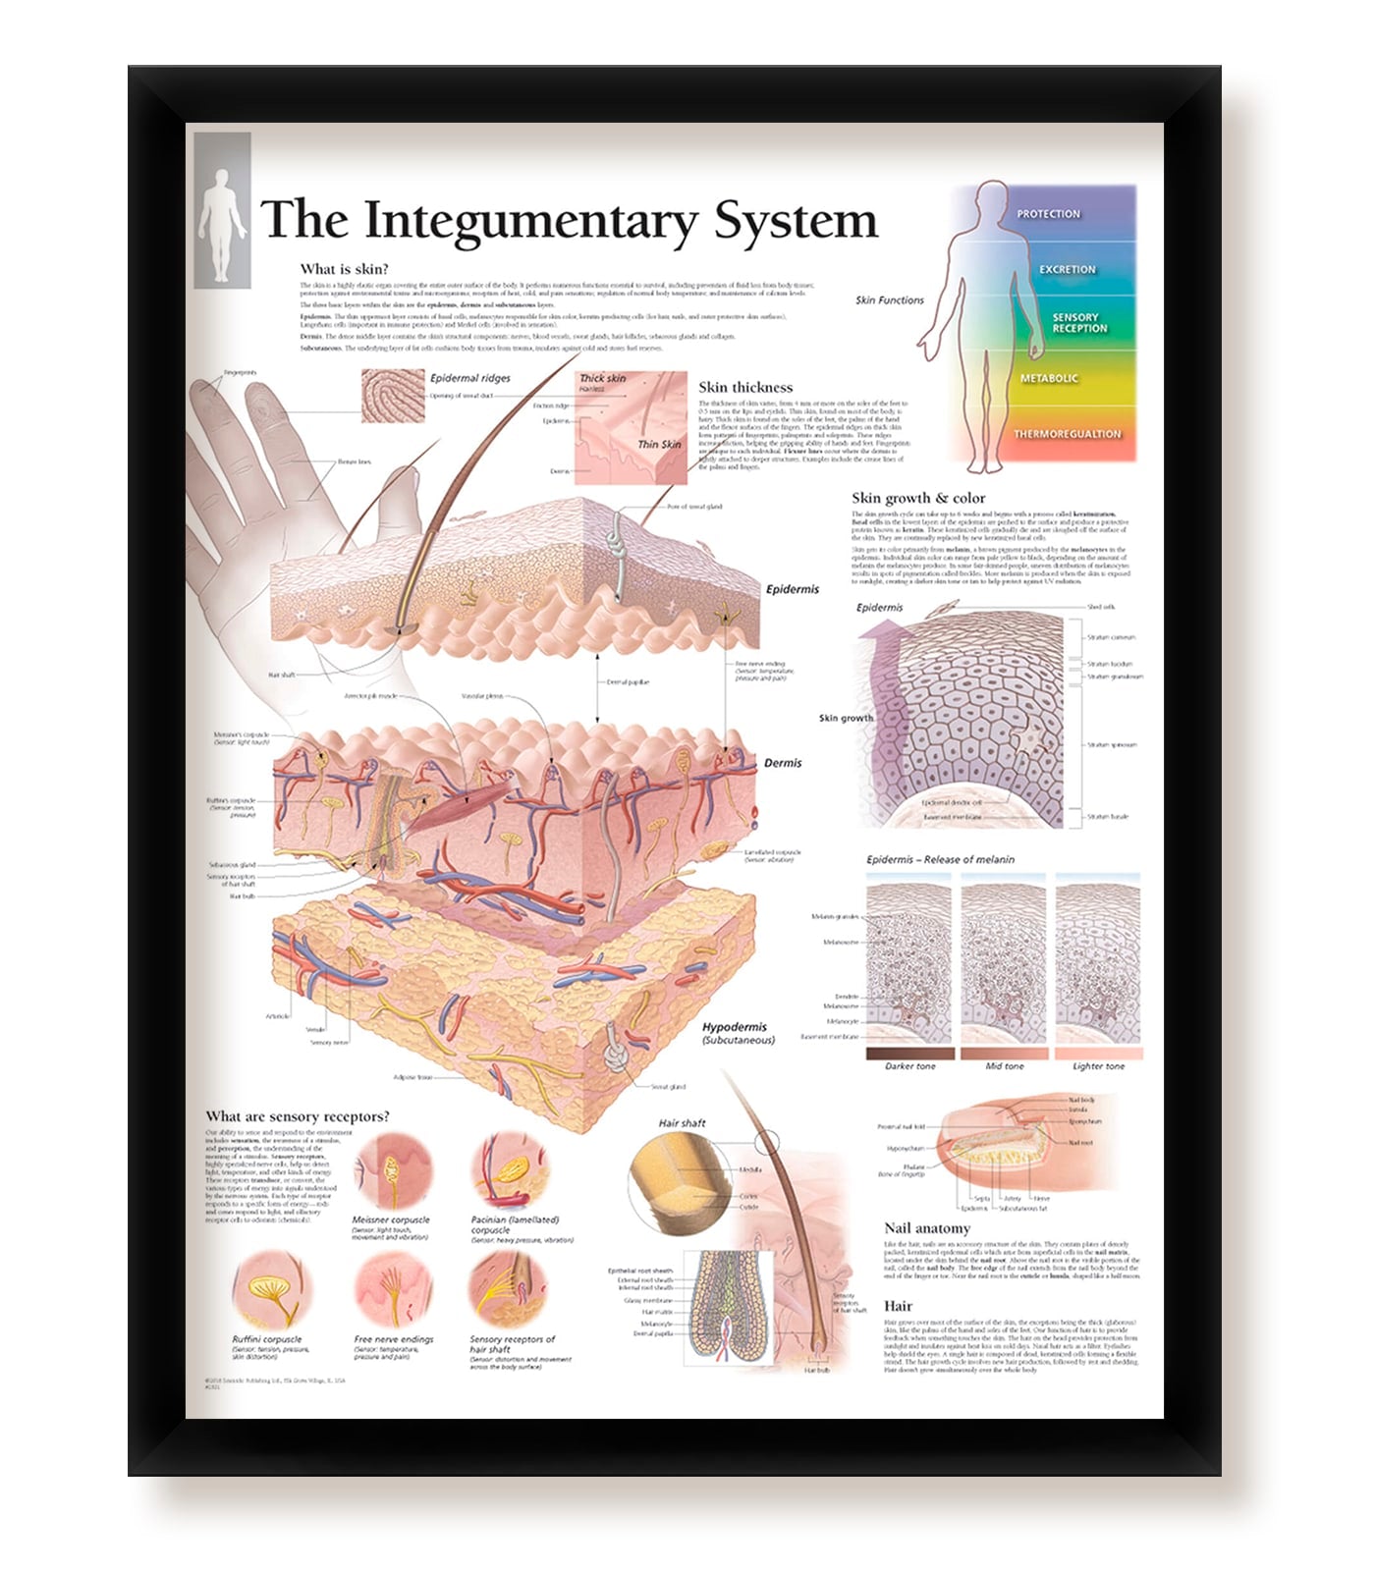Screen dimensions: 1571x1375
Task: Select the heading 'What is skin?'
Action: pyautogui.click(x=344, y=269)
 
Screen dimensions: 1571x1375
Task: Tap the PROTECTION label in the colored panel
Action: pyautogui.click(x=1048, y=214)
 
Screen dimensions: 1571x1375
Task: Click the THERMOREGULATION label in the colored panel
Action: pyautogui.click(x=1067, y=434)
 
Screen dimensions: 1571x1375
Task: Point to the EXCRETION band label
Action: pyautogui.click(x=1068, y=270)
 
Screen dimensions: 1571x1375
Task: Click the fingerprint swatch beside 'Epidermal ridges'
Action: pyautogui.click(x=393, y=396)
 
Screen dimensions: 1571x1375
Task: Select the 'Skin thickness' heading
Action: pyautogui.click(x=745, y=388)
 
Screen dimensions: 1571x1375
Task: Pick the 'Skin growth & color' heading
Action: pyautogui.click(x=918, y=499)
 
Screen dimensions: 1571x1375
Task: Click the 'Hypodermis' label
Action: pyautogui.click(x=735, y=1027)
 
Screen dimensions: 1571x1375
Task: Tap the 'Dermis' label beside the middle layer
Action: pyautogui.click(x=783, y=763)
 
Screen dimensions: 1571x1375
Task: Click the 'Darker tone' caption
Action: pyautogui.click(x=910, y=1066)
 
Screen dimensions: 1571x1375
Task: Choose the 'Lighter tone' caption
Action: pyautogui.click(x=1098, y=1066)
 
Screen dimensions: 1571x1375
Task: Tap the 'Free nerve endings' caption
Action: pyautogui.click(x=393, y=1339)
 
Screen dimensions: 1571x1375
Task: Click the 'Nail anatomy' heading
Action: pyautogui.click(x=926, y=1228)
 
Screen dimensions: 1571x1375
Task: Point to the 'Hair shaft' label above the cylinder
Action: pyautogui.click(x=682, y=1123)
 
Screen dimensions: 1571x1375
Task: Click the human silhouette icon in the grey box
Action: pyautogui.click(x=222, y=211)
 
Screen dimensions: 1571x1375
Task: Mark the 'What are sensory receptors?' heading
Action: pyautogui.click(x=298, y=1117)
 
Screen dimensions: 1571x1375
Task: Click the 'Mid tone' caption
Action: pyautogui.click(x=1005, y=1066)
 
